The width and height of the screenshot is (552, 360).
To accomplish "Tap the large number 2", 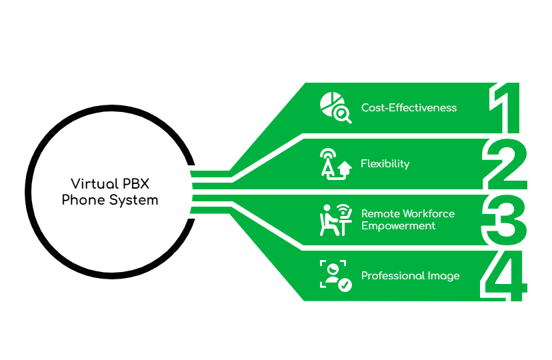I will click(x=505, y=164).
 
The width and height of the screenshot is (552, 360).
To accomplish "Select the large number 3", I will click(x=505, y=219).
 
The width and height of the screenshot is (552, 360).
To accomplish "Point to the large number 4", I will click(x=505, y=276).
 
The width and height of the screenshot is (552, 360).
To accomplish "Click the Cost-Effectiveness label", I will click(x=409, y=107).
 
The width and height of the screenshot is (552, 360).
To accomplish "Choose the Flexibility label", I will click(x=385, y=163).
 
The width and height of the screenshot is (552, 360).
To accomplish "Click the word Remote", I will click(x=379, y=213).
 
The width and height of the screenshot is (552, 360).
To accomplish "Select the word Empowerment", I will click(x=398, y=225).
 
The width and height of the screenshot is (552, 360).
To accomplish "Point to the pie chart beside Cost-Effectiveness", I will click(x=329, y=102).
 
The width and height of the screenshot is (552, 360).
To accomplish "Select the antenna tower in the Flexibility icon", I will click(x=327, y=163).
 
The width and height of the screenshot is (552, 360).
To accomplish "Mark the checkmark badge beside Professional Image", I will click(x=345, y=285).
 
